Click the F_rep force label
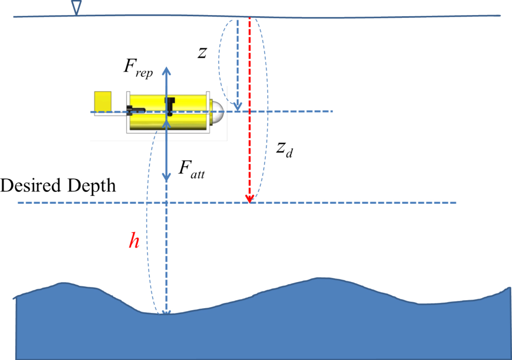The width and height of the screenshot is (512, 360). click(x=138, y=68)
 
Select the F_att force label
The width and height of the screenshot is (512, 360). click(x=191, y=169)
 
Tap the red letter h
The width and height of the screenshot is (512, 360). click(x=134, y=241)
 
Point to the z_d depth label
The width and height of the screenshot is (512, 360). click(x=284, y=149)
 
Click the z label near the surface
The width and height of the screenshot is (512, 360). click(x=202, y=53)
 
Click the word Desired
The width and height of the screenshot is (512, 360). click(x=35, y=185)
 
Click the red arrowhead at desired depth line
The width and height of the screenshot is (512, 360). click(x=250, y=199)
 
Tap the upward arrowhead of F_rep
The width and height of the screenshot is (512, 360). click(x=166, y=71)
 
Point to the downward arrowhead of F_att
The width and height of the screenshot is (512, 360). click(x=166, y=177)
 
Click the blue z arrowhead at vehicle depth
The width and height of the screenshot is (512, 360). click(x=238, y=107)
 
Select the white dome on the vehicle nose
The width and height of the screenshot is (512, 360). click(x=218, y=112)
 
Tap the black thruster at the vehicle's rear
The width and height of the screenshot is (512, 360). click(x=136, y=110)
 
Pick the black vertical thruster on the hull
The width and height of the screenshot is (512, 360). click(x=170, y=104)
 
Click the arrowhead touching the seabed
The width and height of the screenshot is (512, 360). click(x=166, y=312)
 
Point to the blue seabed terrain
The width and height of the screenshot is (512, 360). click(x=256, y=329)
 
